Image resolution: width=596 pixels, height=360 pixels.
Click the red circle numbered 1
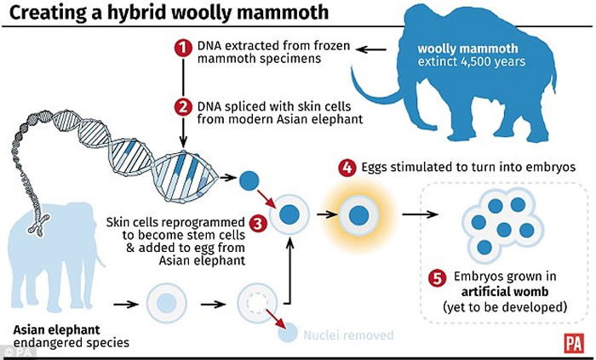(x=181, y=49)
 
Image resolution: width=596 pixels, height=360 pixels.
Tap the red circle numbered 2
(x=181, y=107)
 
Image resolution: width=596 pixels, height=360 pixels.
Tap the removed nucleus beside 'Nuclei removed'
(x=289, y=334)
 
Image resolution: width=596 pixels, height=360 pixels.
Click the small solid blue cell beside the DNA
(x=248, y=180)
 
